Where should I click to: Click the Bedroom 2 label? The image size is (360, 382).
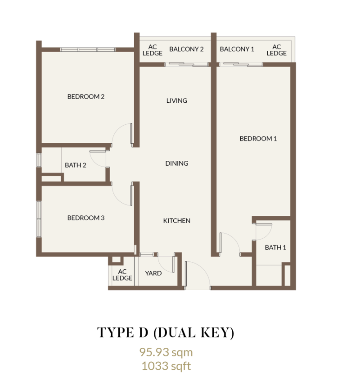tap(85, 97)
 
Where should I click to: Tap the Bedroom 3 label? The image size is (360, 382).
tap(85, 218)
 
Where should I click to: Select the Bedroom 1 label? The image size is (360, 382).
tap(258, 139)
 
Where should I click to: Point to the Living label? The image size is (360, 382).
tap(177, 100)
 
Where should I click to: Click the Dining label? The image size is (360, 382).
tap(177, 163)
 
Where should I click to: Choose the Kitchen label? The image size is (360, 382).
tap(177, 221)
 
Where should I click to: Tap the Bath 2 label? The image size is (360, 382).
tap(76, 165)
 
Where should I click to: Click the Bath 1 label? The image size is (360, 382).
tap(275, 247)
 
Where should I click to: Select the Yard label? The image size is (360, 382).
tap(153, 273)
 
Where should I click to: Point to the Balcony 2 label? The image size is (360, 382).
tap(186, 49)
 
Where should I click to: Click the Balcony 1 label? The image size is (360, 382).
tap(237, 49)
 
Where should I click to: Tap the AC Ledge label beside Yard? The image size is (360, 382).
tap(122, 275)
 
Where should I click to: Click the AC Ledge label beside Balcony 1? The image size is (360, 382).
tap(276, 50)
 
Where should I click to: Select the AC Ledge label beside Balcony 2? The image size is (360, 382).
tap(153, 50)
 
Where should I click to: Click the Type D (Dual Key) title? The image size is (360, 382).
tap(166, 332)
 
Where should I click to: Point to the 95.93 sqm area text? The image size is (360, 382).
tap(166, 352)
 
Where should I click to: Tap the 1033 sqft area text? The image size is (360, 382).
tap(166, 366)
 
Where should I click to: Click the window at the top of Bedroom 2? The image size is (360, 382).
tap(88, 50)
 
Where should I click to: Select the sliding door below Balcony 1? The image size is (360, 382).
tap(241, 64)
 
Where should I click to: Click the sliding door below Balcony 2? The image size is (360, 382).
tap(187, 64)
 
